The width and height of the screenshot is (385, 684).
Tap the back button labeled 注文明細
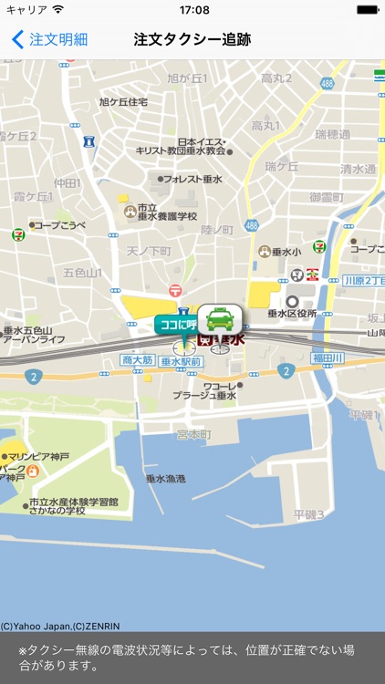(x=50, y=39)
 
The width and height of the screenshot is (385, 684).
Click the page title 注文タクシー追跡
(x=192, y=39)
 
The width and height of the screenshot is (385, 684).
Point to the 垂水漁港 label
(x=165, y=478)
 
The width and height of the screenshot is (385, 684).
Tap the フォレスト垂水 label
(x=194, y=180)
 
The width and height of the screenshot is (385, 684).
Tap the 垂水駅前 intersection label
(x=181, y=361)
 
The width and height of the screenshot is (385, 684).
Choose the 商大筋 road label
(x=138, y=361)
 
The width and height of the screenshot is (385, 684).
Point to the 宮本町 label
(x=193, y=433)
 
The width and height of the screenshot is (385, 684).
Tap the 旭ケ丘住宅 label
(x=123, y=102)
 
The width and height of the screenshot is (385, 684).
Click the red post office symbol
(x=175, y=290)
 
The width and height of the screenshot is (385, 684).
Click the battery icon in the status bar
(x=367, y=10)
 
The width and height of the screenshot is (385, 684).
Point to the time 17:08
(x=194, y=10)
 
